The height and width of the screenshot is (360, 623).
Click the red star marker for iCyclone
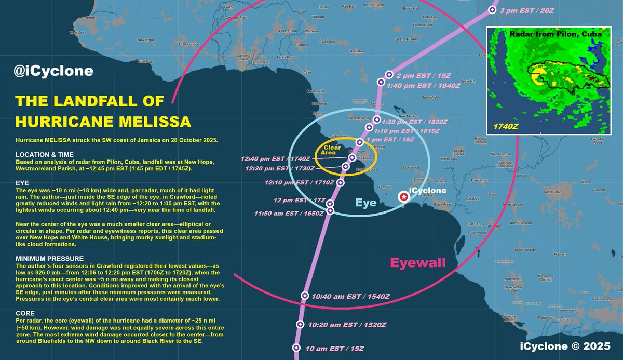point(403,196)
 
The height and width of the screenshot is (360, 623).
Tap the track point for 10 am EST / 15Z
point(296,348)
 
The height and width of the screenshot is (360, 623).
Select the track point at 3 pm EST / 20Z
point(492,10)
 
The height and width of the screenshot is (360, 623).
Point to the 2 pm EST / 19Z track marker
point(389,75)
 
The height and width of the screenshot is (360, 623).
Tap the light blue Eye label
point(366,204)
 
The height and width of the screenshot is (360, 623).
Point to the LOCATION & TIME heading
point(48,155)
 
